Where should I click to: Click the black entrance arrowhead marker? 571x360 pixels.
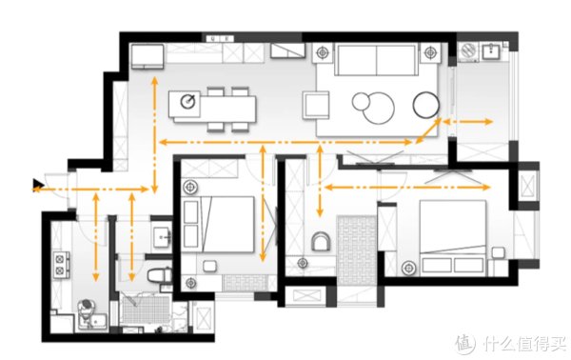click(37, 185)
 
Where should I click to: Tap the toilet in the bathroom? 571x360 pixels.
click(159, 275)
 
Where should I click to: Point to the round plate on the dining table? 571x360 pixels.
click(187, 101)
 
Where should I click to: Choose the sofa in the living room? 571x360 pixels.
click(376, 60)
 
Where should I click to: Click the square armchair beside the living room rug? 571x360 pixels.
click(316, 105)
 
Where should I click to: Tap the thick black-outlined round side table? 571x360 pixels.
click(425, 105)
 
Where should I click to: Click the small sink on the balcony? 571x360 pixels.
click(492, 51)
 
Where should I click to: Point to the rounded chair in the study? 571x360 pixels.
click(321, 242)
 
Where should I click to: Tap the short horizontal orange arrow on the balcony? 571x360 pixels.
click(467, 122)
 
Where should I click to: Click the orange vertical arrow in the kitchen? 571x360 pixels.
click(96, 237)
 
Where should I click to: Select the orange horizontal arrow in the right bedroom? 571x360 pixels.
click(406, 188)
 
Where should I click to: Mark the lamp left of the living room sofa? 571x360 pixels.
click(323, 52)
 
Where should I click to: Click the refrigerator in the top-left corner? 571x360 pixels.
click(148, 56)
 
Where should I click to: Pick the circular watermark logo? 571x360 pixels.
click(465, 343)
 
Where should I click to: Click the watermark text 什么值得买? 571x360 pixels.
click(524, 343)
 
